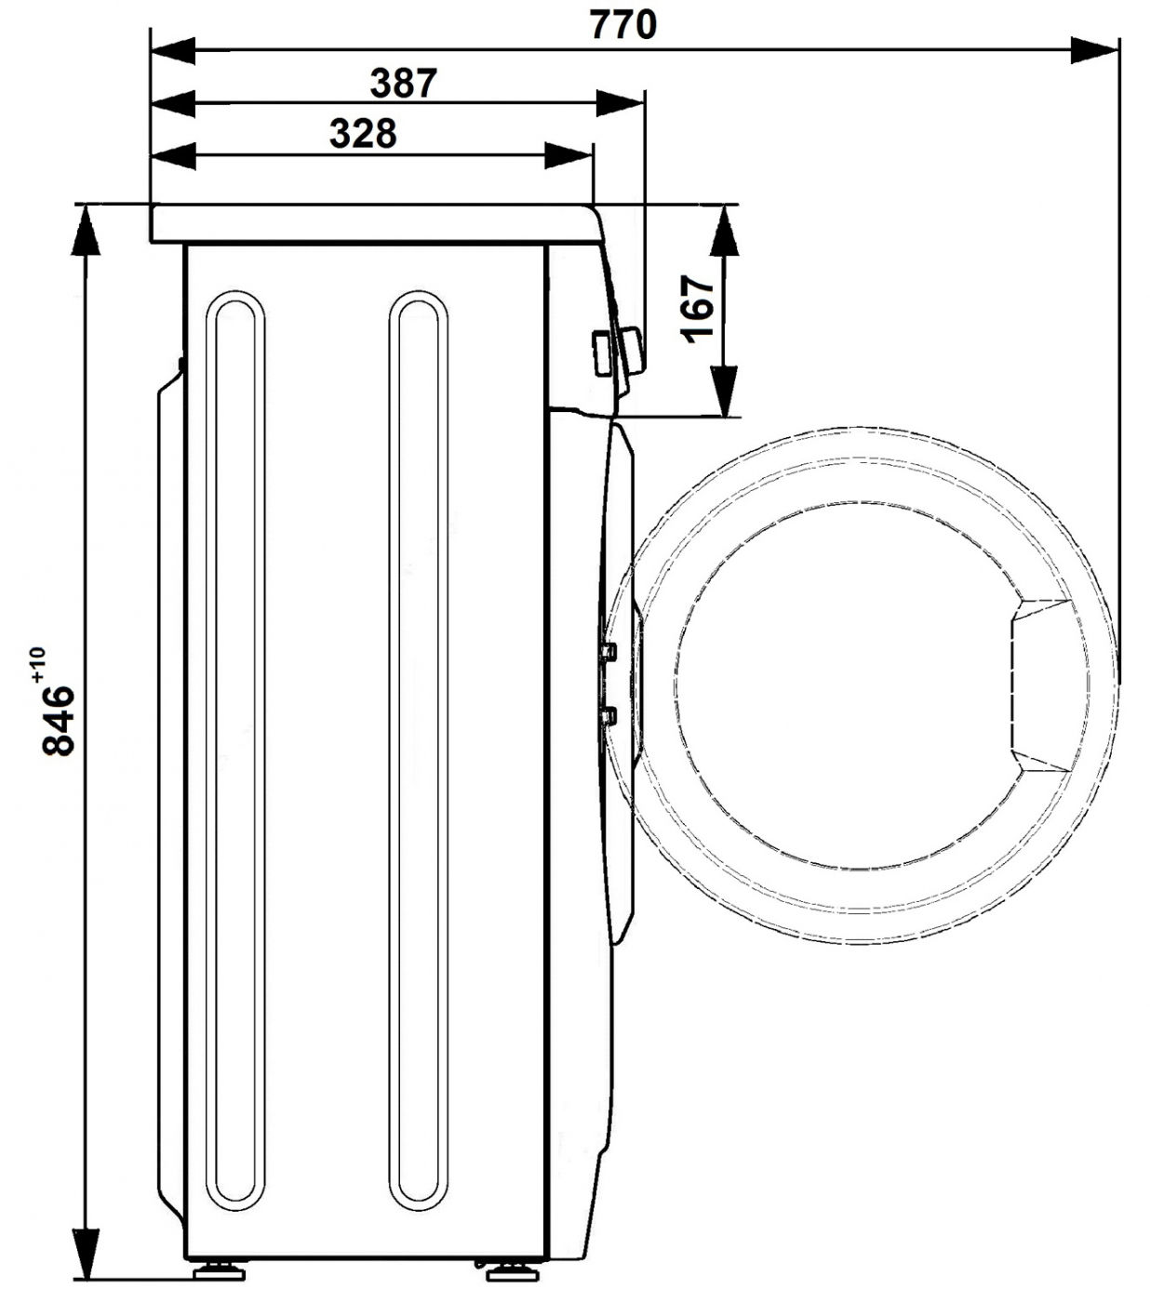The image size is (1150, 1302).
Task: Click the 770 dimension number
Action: pos(622,25)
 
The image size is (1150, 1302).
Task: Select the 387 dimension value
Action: pos(404,83)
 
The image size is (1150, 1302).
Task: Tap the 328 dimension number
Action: pos(363,134)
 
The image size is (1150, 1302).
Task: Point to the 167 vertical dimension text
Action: pos(698,310)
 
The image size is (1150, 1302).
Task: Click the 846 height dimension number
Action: pos(59,720)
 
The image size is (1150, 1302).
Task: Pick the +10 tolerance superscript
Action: pos(36,665)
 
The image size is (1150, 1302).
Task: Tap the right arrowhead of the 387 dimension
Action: pos(621,103)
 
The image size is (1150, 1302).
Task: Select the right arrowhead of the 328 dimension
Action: pos(568,155)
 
